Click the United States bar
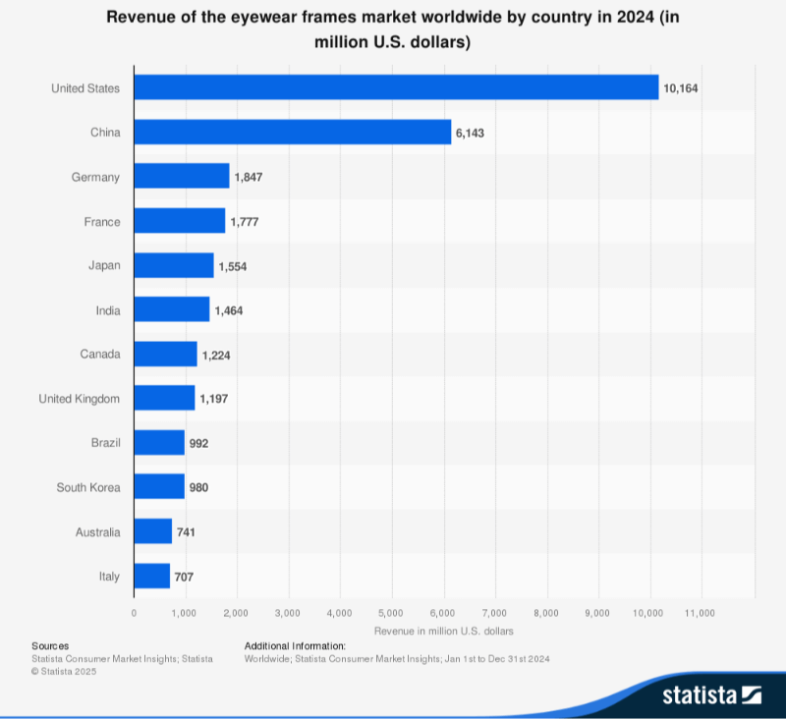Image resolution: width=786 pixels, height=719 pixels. click(x=396, y=87)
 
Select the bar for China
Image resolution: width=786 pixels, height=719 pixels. click(x=292, y=132)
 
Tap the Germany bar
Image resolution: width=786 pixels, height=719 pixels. click(x=181, y=177)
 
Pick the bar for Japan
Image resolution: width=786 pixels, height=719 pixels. click(x=173, y=265)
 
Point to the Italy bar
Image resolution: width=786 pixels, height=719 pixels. click(x=151, y=576)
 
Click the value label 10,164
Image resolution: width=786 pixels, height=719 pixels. click(x=680, y=88)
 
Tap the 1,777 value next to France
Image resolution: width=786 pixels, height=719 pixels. click(x=245, y=222)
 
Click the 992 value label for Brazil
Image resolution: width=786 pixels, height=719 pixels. click(x=199, y=443)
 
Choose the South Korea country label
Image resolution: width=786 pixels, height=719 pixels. click(x=88, y=487)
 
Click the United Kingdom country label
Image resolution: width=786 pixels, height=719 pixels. click(x=79, y=399)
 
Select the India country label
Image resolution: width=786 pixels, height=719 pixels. click(x=108, y=310)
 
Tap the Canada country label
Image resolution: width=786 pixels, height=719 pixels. click(x=100, y=355)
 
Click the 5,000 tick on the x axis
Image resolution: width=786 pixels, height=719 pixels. click(x=391, y=612)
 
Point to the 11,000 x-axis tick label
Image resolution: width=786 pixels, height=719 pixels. click(x=701, y=612)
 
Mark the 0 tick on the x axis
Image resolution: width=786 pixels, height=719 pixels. click(x=134, y=612)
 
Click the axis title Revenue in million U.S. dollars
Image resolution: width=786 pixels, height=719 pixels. click(x=444, y=630)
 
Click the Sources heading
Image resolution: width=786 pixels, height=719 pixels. click(x=50, y=645)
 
